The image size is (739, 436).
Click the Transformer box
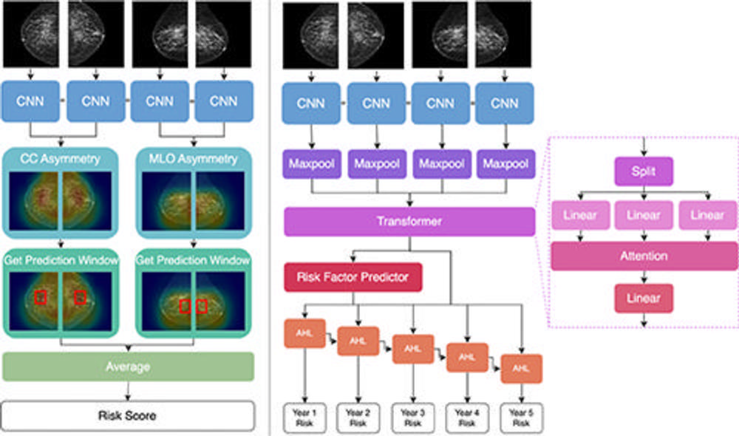pos(409,221)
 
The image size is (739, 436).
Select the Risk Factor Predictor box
pos(353,278)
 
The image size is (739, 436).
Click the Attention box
pos(643,256)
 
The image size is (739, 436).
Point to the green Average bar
pos(128,367)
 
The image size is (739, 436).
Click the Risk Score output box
pos(128,415)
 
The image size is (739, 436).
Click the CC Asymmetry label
pos(61,158)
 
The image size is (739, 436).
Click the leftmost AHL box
pos(304,333)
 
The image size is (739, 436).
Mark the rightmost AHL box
pos(521,368)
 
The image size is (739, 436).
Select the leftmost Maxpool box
pos(310,163)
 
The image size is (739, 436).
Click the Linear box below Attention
pos(643,299)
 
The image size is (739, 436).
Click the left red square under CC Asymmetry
pos(41,297)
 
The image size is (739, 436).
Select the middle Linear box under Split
pos(643,215)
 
